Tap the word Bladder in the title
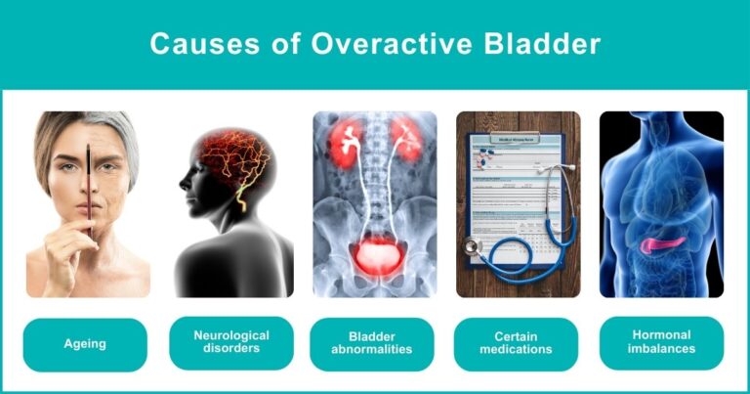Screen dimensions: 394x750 (544, 44)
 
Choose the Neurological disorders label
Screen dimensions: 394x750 (231, 343)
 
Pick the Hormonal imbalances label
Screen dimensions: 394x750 (661, 343)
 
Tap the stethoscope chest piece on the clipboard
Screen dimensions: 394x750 (476, 246)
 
